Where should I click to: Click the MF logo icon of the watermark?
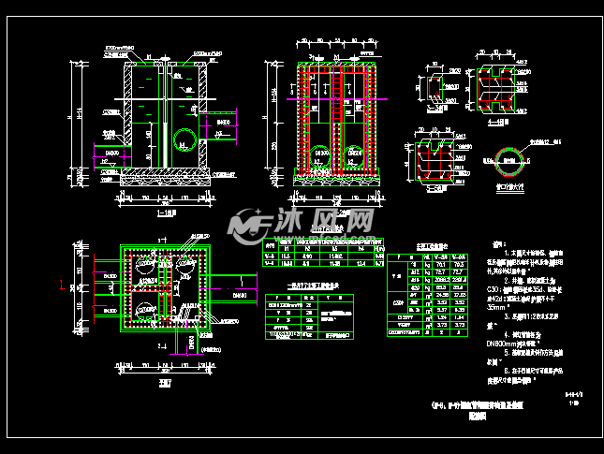[x=251, y=224]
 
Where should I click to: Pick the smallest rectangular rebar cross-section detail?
[x=435, y=89]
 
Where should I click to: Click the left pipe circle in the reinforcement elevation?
[x=321, y=153]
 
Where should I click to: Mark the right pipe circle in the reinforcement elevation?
[x=355, y=153]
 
